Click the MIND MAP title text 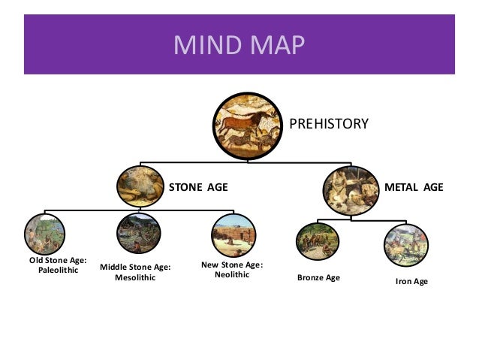239,44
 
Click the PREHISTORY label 329,123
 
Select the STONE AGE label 197,186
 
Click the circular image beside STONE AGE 140,186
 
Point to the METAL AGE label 414,186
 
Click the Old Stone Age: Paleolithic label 58,265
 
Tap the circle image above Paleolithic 44,234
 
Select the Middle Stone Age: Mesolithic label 135,271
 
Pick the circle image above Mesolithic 139,234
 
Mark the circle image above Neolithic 233,236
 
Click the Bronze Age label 319,278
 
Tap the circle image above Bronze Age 318,241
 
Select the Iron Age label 411,282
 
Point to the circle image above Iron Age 406,244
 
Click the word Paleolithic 58,271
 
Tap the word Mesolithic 135,277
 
